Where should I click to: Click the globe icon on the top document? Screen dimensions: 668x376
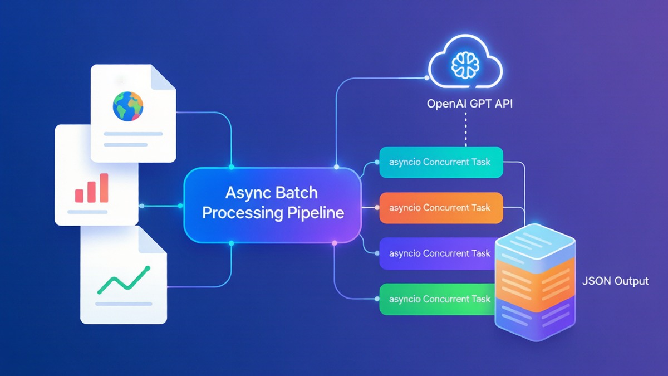pyautogui.click(x=128, y=106)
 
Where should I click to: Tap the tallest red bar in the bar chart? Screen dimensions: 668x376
pyautogui.click(x=104, y=188)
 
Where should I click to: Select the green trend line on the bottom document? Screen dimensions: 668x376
pyautogui.click(x=124, y=280)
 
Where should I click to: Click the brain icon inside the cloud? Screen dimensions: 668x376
pyautogui.click(x=465, y=65)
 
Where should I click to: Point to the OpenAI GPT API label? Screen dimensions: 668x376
pyautogui.click(x=470, y=104)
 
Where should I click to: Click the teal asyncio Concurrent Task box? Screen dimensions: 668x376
pyautogui.click(x=441, y=162)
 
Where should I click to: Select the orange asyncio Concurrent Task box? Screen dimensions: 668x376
pyautogui.click(x=441, y=208)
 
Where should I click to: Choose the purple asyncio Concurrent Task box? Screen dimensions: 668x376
pyautogui.click(x=437, y=253)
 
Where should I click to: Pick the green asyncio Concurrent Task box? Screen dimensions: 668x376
pyautogui.click(x=437, y=299)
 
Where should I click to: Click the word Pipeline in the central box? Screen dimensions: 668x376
pyautogui.click(x=316, y=213)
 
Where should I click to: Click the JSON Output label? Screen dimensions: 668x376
pyautogui.click(x=615, y=281)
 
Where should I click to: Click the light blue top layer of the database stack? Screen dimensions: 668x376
pyautogui.click(x=536, y=243)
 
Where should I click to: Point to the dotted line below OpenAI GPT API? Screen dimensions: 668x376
pyautogui.click(x=466, y=129)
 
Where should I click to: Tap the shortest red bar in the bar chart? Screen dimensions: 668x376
pyautogui.click(x=79, y=196)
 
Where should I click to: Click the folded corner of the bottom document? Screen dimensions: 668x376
pyautogui.click(x=153, y=240)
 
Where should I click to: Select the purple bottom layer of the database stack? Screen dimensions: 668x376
pyautogui.click(x=536, y=319)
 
